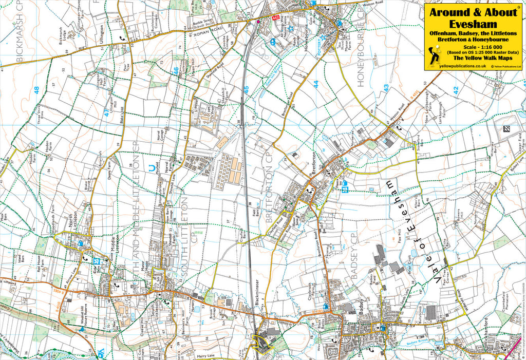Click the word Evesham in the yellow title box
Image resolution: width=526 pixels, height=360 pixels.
pyautogui.click(x=473, y=24)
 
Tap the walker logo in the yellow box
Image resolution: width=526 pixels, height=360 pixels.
pyautogui.click(x=435, y=54)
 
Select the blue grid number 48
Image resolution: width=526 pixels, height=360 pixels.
pyautogui.click(x=36, y=90)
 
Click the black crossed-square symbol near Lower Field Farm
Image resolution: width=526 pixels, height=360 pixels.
pyautogui.click(x=506, y=129)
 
